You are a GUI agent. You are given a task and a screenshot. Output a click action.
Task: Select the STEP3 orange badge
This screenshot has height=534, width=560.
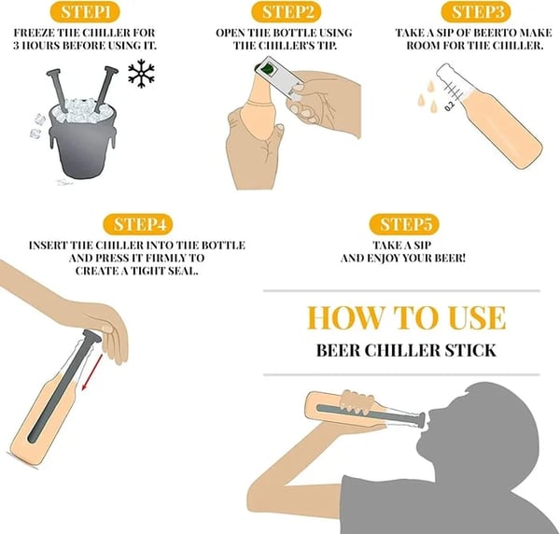click(478, 12)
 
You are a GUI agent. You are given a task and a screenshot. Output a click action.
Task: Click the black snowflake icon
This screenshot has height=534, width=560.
click(142, 75)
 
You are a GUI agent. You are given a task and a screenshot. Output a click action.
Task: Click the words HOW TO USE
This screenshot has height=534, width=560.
click(406, 317)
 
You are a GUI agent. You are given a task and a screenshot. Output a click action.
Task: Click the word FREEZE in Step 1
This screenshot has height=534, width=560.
click(36, 33)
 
